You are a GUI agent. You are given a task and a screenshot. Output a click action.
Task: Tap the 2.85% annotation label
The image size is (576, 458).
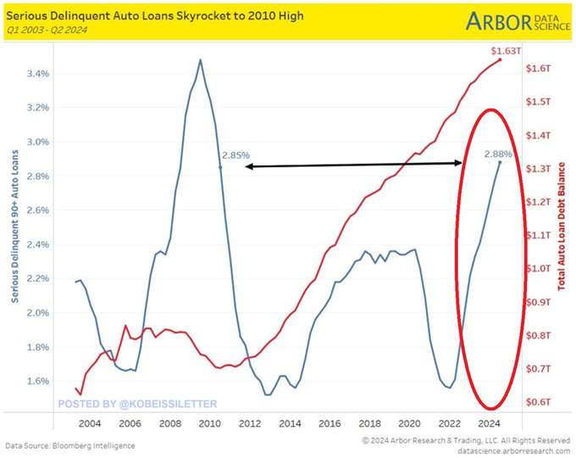click(x=235, y=155)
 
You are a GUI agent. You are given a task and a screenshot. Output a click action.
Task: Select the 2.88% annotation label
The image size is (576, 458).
click(x=499, y=154)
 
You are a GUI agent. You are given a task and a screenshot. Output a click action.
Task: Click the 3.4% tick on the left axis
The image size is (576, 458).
click(x=37, y=74)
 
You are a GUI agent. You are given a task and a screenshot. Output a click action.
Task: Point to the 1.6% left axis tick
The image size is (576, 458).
click(x=37, y=381)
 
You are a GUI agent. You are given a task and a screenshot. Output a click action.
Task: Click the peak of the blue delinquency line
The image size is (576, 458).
click(x=200, y=60)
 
